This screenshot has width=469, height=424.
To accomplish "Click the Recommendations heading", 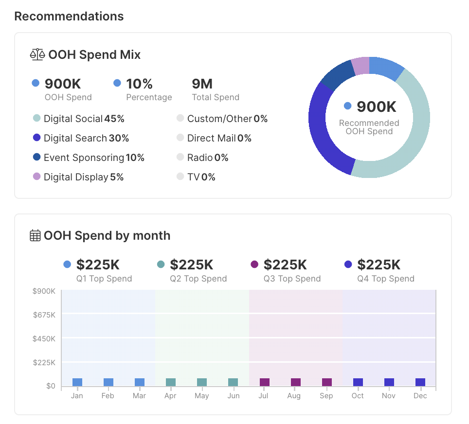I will (69, 16).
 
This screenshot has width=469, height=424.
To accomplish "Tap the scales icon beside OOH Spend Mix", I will (37, 54).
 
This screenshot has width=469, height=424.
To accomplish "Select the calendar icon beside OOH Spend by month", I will (35, 236).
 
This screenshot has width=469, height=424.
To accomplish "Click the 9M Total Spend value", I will (202, 84).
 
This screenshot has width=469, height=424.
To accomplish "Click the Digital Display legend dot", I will (36, 177).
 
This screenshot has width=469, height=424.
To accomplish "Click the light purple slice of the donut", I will (361, 66).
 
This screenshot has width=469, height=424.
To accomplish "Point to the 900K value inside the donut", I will (376, 106).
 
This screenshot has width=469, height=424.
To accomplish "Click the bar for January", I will (77, 382).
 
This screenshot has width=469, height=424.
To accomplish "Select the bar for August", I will (296, 382).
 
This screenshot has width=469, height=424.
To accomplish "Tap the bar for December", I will (420, 382).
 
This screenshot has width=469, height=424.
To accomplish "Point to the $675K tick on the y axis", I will (44, 315).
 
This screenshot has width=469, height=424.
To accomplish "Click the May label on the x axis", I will (202, 396).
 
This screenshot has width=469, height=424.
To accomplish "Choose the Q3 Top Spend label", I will (292, 279).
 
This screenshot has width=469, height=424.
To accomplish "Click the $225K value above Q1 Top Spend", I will (98, 265).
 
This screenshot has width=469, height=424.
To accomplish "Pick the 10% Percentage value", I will (140, 84).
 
